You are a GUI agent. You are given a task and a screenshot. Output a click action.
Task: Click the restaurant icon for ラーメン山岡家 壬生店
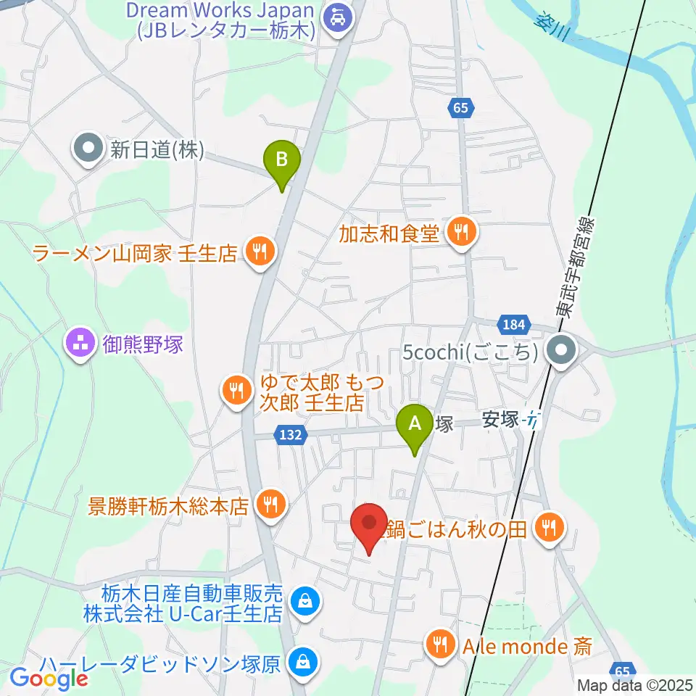click(x=259, y=252)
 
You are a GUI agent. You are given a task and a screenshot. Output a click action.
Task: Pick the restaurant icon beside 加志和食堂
click(x=460, y=233)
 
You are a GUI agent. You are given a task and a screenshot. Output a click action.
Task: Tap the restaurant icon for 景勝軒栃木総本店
click(x=272, y=502)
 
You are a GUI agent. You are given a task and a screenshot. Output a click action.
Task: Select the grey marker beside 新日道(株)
click(x=88, y=149)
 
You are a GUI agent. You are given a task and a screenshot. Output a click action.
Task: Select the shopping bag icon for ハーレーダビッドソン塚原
click(x=299, y=662)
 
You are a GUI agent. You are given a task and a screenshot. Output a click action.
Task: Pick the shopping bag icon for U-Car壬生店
click(x=302, y=601)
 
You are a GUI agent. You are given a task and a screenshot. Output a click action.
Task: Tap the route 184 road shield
click(x=515, y=325)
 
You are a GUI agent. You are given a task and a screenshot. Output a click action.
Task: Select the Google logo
click(x=48, y=679)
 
